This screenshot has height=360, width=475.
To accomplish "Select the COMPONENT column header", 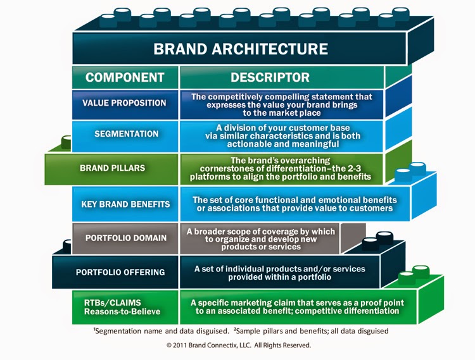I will tap(125, 78).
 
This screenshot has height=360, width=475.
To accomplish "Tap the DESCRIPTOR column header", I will tap(270, 78).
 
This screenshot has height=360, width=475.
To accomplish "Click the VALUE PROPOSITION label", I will tap(124, 102).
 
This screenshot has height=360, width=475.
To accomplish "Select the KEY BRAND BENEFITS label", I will tap(125, 204).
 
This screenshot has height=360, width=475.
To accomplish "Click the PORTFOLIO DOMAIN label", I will tap(125, 238).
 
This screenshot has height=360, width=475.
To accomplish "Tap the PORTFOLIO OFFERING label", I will tap(120, 272).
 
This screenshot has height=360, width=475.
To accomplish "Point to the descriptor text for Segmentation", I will tap(282, 134).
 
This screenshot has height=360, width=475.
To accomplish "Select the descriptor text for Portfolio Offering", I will tap(279, 273).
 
